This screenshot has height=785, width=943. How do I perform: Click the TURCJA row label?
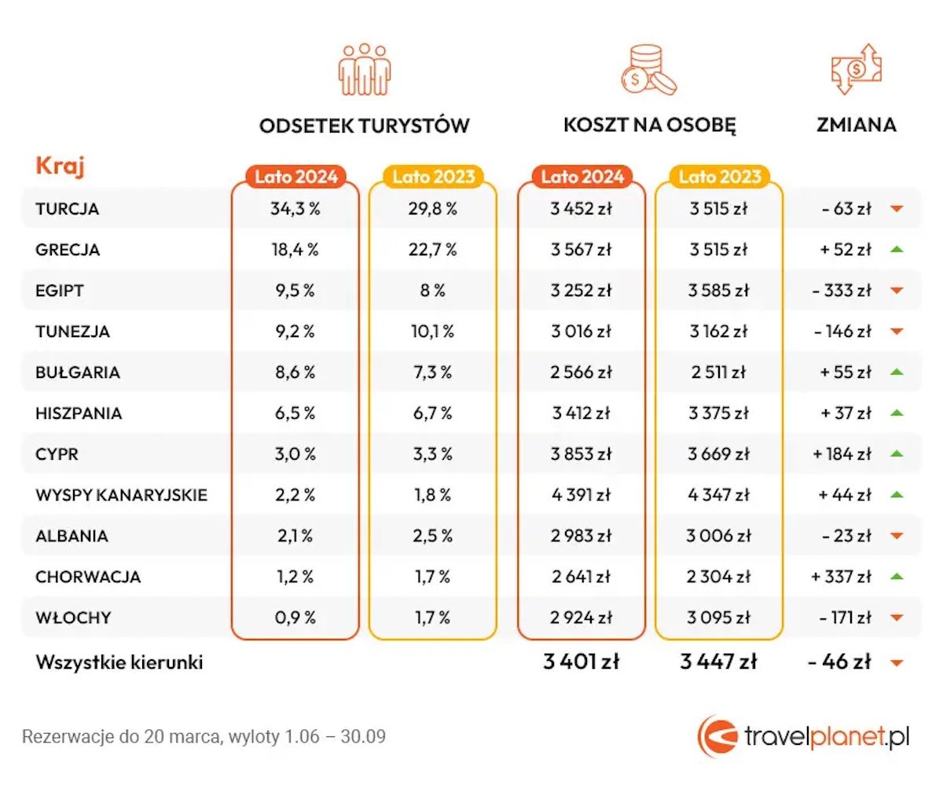(68, 209)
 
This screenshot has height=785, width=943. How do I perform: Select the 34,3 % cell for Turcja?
(295, 209)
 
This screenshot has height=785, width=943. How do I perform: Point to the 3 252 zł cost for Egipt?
(582, 291)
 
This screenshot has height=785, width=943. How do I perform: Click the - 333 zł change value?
(842, 291)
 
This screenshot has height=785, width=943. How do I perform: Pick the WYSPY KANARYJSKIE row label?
(121, 495)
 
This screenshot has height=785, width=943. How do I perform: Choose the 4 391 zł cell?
(582, 495)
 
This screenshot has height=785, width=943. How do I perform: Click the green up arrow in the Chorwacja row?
(897, 577)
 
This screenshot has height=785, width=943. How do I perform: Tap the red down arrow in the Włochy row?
(897, 618)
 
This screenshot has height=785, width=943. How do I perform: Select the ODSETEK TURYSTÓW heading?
(364, 126)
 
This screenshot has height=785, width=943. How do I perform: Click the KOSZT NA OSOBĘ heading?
(650, 126)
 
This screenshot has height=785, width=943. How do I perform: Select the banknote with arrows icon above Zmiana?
(856, 69)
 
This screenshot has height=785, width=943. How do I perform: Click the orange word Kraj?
(60, 166)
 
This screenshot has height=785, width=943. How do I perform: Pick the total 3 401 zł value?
(582, 662)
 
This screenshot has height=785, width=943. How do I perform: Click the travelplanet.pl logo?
(803, 736)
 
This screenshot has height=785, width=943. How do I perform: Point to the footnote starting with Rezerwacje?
(204, 737)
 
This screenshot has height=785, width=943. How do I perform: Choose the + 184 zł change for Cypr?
(842, 454)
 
